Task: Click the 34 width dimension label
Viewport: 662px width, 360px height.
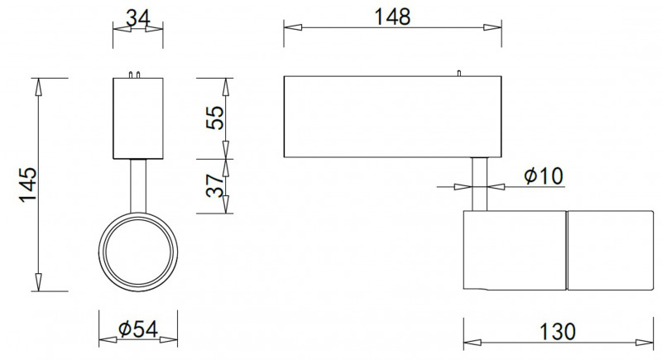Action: click(x=138, y=16)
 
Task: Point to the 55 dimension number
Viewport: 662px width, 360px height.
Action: click(x=214, y=117)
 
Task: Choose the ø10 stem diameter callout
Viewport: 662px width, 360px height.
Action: click(x=543, y=175)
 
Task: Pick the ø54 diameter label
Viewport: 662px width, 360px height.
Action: click(x=138, y=329)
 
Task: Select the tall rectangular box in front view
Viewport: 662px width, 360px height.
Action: click(x=138, y=118)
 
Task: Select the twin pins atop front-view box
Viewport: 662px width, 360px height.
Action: click(x=138, y=74)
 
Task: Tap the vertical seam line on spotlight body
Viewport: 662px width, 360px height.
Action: click(x=566, y=251)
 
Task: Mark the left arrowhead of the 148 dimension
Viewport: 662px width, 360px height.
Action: click(x=290, y=27)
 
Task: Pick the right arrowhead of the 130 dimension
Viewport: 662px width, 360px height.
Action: click(x=646, y=341)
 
